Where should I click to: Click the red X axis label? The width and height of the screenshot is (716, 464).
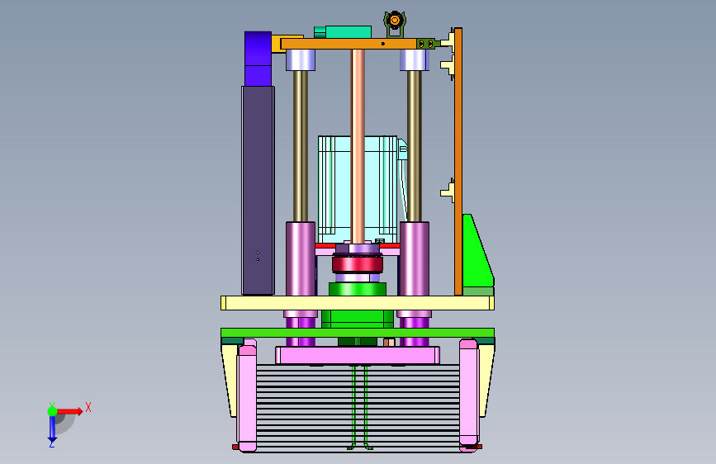[x=88, y=407]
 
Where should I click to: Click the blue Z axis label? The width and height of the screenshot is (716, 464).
[x=51, y=443]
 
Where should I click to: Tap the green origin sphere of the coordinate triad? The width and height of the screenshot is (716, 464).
[x=52, y=411]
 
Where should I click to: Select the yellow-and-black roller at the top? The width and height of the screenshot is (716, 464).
[x=394, y=20]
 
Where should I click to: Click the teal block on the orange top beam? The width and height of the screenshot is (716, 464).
[x=343, y=32]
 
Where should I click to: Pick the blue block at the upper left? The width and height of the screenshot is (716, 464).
[x=258, y=59]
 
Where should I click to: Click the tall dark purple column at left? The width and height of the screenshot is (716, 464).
[x=258, y=191]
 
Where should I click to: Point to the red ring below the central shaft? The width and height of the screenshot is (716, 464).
[x=358, y=264]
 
